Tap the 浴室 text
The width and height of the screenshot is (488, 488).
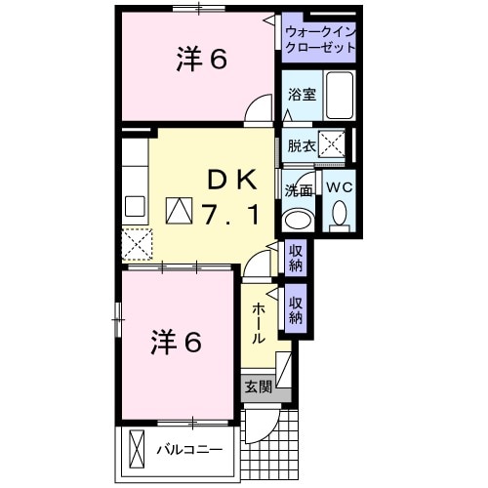pos(302,95)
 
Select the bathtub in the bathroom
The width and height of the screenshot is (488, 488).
pos(341,95)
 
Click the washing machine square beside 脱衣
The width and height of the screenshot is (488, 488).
pos(333,145)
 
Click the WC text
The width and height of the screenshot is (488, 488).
pos(339,187)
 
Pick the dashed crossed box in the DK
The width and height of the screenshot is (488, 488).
pos(136,243)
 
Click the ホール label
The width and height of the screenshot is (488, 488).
pos(259,322)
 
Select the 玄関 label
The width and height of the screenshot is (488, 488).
pos(259,386)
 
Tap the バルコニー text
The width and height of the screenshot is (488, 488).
pos(189,450)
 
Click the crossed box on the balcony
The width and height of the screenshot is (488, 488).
pos(136,450)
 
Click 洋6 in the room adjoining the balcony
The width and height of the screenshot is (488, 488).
pos(176,343)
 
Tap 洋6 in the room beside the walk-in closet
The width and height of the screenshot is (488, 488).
pos(202,61)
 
